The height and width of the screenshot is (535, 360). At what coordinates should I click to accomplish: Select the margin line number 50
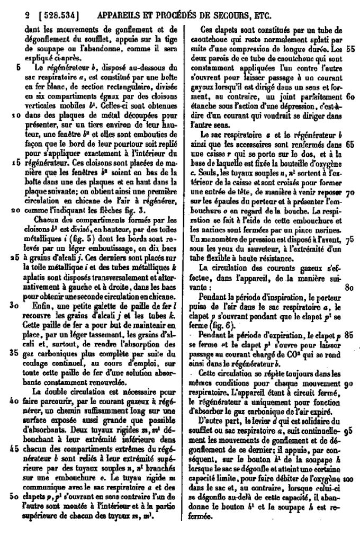(15, 496)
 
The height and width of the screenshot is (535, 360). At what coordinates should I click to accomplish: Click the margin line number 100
(348, 478)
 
